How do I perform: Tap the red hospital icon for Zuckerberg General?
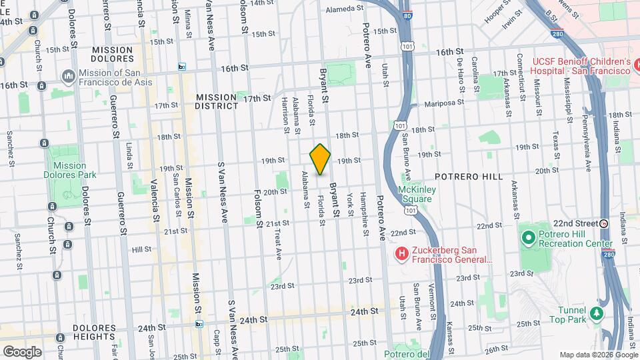coord(401,253)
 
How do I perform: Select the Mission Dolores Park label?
coord(70,170)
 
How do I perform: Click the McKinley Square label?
coord(416,194)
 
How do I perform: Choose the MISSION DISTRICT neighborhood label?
coord(217,101)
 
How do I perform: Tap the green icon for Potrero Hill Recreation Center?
coord(528,237)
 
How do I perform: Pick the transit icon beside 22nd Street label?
coord(604,223)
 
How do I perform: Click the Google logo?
coord(22,351)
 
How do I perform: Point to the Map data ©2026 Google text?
coord(597,354)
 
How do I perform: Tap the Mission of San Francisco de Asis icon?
coord(68,77)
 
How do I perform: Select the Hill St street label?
coord(142,249)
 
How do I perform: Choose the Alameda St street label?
coord(344,9)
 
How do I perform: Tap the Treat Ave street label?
coord(277,242)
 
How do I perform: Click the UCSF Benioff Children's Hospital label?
coord(580,66)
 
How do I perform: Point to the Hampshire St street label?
coord(365,213)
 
